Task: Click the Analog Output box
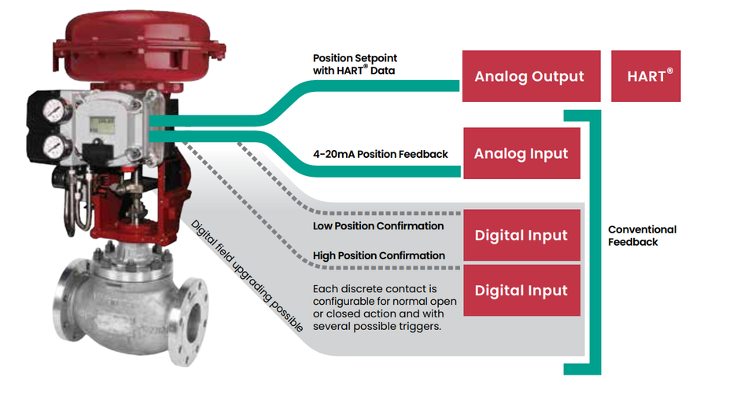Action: pos(531,76)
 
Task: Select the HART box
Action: pos(646,76)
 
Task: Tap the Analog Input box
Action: pos(521,153)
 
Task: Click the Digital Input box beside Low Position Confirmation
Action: pos(521,235)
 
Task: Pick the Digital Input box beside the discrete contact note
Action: pos(521,291)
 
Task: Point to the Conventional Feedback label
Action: pos(642,236)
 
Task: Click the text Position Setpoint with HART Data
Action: pos(355,64)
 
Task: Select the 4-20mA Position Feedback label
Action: pos(381,154)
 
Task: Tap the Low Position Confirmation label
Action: pos(378,226)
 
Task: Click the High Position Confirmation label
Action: pos(379,256)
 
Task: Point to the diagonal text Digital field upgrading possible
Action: pos(247,276)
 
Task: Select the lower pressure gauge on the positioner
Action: pos(55,147)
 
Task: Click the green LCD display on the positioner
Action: pos(102,125)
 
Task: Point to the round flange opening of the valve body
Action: pos(193,321)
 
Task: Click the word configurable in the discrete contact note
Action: pos(341,302)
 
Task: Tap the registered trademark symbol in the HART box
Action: pos(669,71)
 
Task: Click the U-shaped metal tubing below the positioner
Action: pos(77,203)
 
